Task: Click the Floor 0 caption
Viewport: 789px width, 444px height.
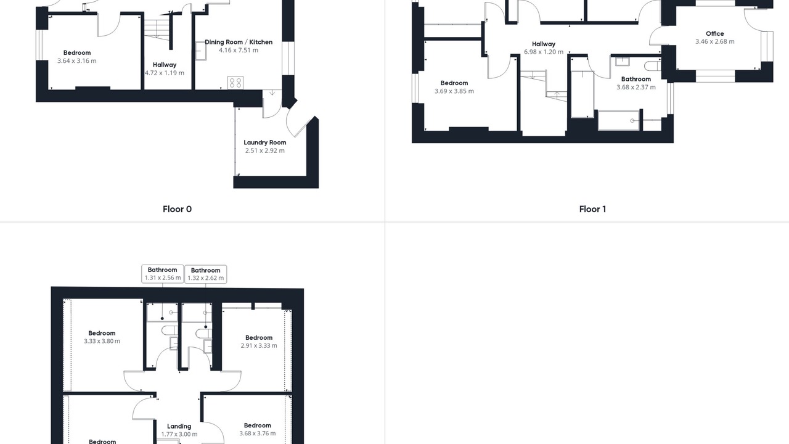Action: (x=177, y=209)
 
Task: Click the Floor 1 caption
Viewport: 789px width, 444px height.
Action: (x=592, y=209)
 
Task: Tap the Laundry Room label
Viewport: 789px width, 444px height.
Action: (x=265, y=142)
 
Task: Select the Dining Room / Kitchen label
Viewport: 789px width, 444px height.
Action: (x=239, y=43)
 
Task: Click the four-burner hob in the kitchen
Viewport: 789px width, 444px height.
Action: (x=235, y=83)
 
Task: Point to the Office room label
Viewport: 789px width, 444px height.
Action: (x=714, y=34)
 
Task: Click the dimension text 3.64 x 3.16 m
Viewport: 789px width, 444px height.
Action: (x=77, y=61)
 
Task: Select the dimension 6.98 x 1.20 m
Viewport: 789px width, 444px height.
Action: (x=544, y=52)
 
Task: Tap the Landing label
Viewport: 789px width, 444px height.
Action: (x=179, y=426)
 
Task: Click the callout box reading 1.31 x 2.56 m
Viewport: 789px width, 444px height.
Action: (x=162, y=274)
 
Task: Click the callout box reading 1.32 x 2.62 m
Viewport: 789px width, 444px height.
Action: (x=205, y=274)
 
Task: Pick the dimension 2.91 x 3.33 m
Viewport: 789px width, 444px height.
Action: (x=258, y=346)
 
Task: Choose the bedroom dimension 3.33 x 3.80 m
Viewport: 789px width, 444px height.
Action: (x=102, y=341)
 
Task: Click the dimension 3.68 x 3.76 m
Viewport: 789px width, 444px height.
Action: (x=258, y=434)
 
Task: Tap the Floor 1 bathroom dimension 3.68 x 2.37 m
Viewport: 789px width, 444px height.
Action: (x=636, y=88)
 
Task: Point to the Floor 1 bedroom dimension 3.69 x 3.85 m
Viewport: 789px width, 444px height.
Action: (x=454, y=91)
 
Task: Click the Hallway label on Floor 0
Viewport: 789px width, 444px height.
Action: (x=165, y=65)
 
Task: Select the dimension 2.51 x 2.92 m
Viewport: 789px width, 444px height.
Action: (x=265, y=151)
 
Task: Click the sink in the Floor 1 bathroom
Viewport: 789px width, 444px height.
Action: (x=623, y=61)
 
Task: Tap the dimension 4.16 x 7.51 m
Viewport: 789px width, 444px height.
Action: (x=239, y=51)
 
